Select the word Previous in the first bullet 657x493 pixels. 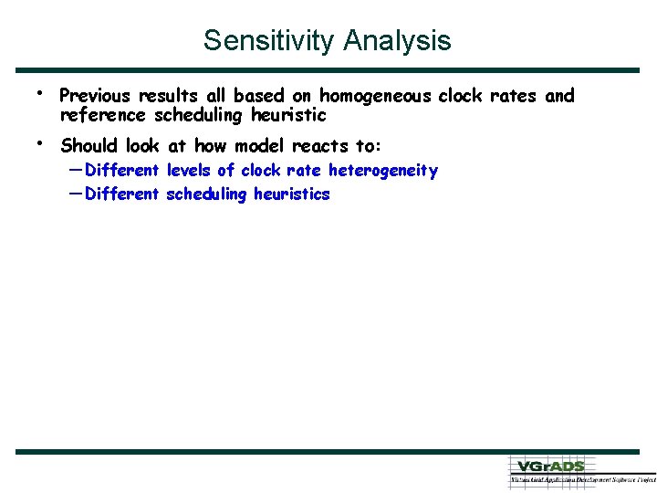tap(94, 96)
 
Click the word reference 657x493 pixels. tap(102, 115)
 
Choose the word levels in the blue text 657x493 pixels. tap(189, 171)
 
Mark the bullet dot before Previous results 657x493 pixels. tap(39, 93)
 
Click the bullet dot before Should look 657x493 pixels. tap(39, 142)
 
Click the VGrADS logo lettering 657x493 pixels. tap(551, 466)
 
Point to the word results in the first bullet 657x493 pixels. tap(166, 96)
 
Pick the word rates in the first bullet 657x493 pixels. tap(517, 96)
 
